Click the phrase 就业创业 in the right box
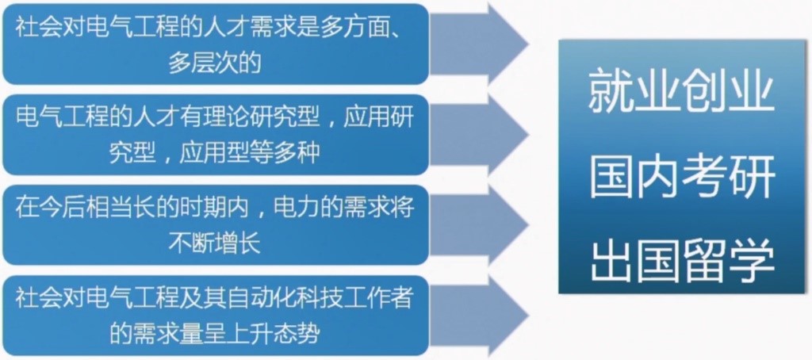click(681, 94)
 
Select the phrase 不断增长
click(214, 244)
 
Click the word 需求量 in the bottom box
click(167, 334)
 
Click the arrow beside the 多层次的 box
click(479, 44)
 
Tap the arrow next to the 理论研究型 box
click(479, 135)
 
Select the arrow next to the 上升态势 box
click(479, 316)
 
